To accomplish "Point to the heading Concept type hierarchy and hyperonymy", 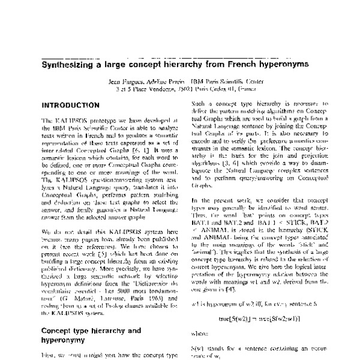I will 90,335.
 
